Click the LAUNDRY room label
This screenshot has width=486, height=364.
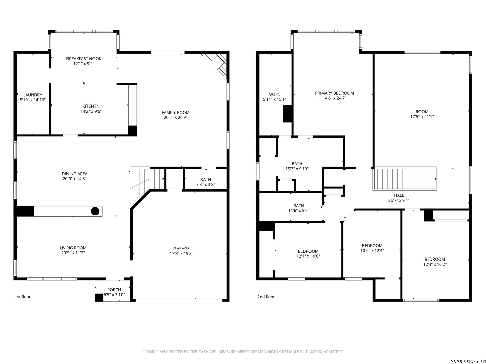(x=32, y=95)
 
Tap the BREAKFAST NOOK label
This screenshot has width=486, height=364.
(x=84, y=59)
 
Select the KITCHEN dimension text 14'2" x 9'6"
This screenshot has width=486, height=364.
(x=91, y=111)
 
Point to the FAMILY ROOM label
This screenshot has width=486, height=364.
(x=175, y=113)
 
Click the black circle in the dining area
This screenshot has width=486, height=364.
(x=95, y=211)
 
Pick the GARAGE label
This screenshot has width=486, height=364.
(x=181, y=249)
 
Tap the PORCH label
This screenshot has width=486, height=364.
(x=114, y=290)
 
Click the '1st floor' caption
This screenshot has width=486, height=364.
(x=23, y=297)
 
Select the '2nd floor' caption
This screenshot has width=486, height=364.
(x=266, y=297)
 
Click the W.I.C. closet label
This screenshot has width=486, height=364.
(x=274, y=95)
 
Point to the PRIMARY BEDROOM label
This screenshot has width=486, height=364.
(x=334, y=93)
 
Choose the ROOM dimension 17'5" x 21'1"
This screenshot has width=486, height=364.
(x=422, y=117)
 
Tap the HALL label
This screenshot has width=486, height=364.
(x=399, y=195)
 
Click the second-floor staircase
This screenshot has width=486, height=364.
(x=405, y=179)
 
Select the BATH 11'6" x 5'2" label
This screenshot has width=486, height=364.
(x=299, y=208)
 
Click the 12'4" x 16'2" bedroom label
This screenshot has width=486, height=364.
(x=435, y=262)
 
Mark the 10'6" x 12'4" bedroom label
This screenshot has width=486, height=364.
(x=372, y=248)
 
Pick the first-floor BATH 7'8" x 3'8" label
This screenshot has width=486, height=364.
(x=206, y=182)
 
